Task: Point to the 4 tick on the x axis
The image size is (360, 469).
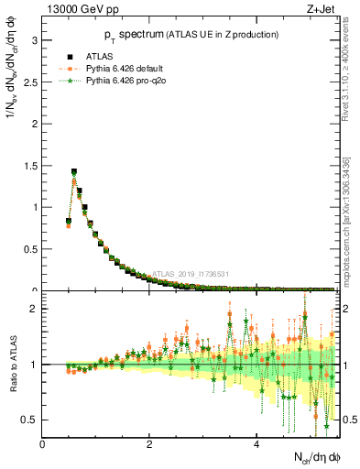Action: (x=257, y=444)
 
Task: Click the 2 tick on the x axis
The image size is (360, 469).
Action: (x=150, y=444)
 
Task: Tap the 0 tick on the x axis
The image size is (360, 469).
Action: (x=43, y=444)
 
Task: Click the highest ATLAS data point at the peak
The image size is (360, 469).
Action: (x=74, y=171)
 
